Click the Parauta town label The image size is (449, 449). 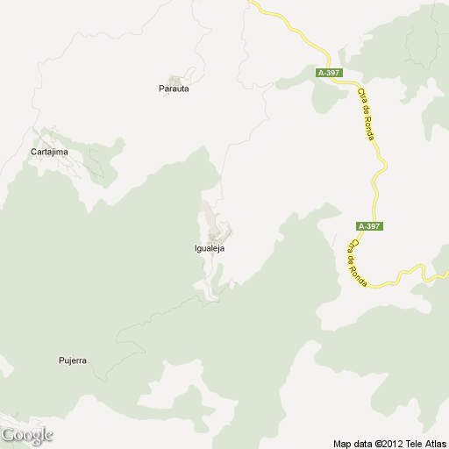pyautogui.click(x=174, y=89)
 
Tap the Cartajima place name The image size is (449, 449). pyautogui.click(x=49, y=152)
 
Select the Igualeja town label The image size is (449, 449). pyautogui.click(x=210, y=248)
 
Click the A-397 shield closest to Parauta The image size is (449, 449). pyautogui.click(x=330, y=73)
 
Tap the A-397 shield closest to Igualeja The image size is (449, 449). pyautogui.click(x=369, y=226)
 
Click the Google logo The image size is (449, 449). pyautogui.click(x=27, y=434)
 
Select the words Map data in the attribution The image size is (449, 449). pyautogui.click(x=351, y=443)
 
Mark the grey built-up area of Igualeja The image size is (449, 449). pyautogui.click(x=214, y=224)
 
